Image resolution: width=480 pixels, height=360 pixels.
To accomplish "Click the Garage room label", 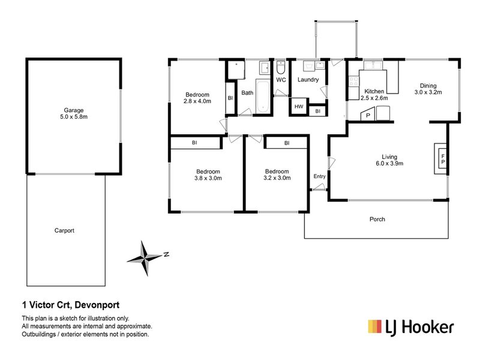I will coord(74,114).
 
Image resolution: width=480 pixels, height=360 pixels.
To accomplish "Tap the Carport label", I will coord(64,230).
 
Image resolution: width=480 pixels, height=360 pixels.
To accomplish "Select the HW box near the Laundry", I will coord(298,107).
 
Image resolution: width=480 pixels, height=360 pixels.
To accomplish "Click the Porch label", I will coord(377,220).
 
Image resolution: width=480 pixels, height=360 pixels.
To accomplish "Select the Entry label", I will coord(319,176).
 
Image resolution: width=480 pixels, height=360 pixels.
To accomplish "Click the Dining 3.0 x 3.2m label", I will coord(428,89).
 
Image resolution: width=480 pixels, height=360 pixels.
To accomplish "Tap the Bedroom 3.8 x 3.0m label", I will coord(208,174).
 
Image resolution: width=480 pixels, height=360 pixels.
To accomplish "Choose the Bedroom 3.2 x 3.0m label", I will coord(278,174).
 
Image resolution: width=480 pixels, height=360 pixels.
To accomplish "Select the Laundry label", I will coord(307,79).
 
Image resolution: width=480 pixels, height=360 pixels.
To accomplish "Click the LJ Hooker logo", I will coord(410,326).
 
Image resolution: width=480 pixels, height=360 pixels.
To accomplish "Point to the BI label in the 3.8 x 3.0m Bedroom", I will coord(194,143).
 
